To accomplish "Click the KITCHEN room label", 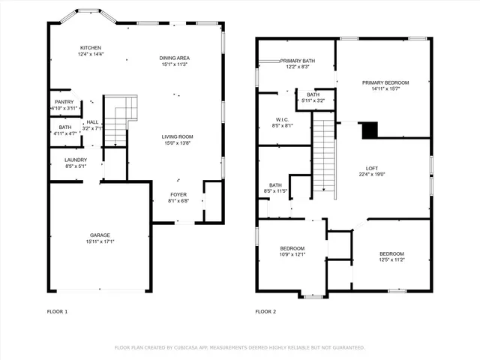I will click(x=91, y=47).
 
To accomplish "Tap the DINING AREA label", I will click(x=173, y=58).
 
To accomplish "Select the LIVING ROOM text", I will click(x=177, y=136).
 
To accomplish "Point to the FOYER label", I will click(x=178, y=194).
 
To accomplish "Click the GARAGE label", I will click(x=100, y=235).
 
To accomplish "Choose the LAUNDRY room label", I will click(x=76, y=160).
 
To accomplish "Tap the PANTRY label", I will click(x=63, y=102).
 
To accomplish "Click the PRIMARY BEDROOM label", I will click(x=385, y=82).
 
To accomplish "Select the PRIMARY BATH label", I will click(x=298, y=61).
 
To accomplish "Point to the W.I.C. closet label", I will click(x=282, y=119).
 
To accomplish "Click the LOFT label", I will click(x=371, y=168).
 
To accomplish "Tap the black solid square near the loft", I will click(x=370, y=130).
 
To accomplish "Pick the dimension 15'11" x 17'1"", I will click(x=100, y=241).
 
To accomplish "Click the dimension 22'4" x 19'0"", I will click(x=371, y=175).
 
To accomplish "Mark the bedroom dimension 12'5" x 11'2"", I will click(x=391, y=260).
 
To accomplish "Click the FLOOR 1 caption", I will click(x=57, y=311).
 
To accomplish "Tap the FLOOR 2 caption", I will click(x=265, y=311).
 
